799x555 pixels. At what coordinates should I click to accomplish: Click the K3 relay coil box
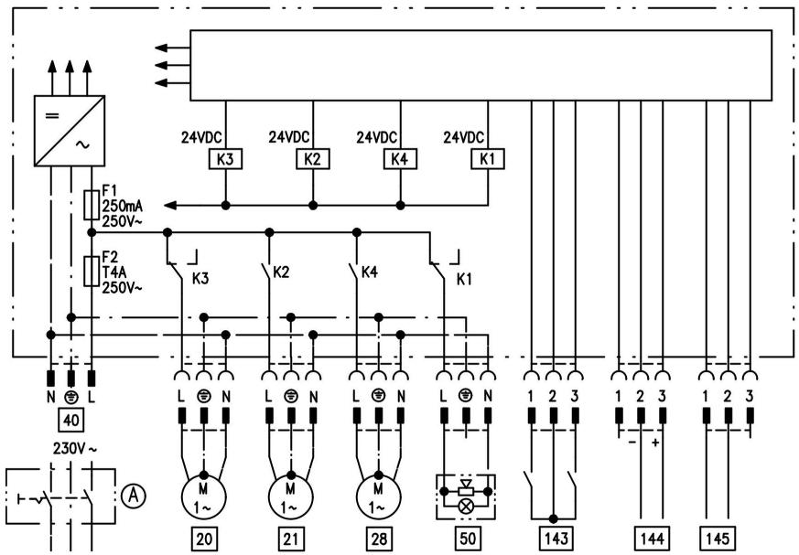225,159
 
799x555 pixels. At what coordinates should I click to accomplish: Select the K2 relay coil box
313,159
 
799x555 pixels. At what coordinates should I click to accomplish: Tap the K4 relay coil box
400,159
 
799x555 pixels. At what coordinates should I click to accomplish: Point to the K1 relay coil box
488,159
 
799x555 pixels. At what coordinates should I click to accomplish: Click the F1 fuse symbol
92,205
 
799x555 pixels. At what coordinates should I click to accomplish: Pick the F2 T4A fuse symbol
92,272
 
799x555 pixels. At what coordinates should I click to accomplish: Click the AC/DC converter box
70,131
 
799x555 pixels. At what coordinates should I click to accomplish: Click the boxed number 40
70,420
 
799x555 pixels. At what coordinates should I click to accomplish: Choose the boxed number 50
468,539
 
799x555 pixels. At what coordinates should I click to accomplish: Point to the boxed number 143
556,539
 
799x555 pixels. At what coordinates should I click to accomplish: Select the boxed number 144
653,539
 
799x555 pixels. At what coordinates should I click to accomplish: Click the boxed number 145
718,539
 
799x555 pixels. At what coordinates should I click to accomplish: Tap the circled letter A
133,495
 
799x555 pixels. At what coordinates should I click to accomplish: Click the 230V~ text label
75,449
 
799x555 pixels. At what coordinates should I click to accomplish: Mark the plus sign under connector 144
655,443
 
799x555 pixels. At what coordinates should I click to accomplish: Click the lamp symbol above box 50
466,506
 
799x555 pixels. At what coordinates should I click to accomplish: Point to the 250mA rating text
123,207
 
